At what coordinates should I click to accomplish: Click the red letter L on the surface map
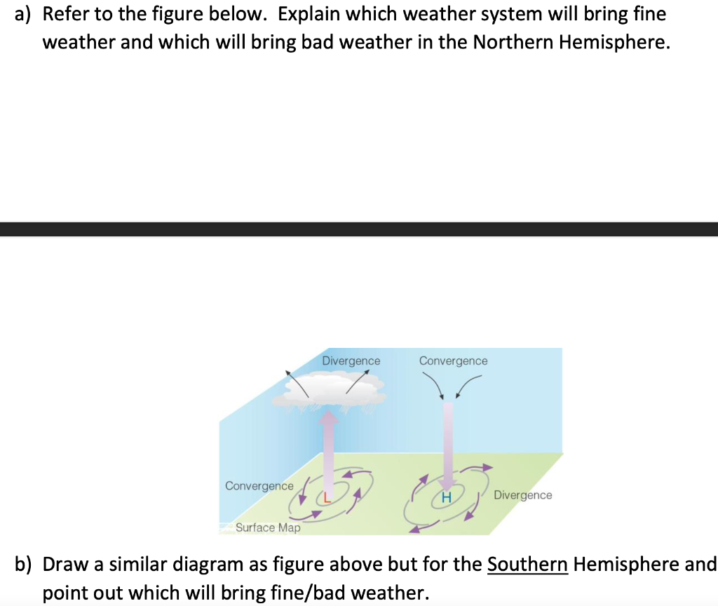coord(326,498)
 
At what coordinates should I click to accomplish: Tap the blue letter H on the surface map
coord(446,498)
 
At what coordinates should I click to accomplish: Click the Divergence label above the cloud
coord(351,361)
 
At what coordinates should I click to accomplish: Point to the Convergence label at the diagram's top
coord(453,361)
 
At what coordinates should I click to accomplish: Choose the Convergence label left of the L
coord(259,486)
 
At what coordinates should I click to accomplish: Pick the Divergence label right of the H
coord(522,495)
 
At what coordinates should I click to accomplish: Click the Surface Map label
coord(268,527)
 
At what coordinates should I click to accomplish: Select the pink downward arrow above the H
coord(447,442)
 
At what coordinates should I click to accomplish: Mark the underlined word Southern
coord(527,564)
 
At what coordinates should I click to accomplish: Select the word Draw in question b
coord(65,564)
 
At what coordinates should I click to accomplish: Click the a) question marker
coord(25,14)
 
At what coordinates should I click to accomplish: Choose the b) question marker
coord(25,564)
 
